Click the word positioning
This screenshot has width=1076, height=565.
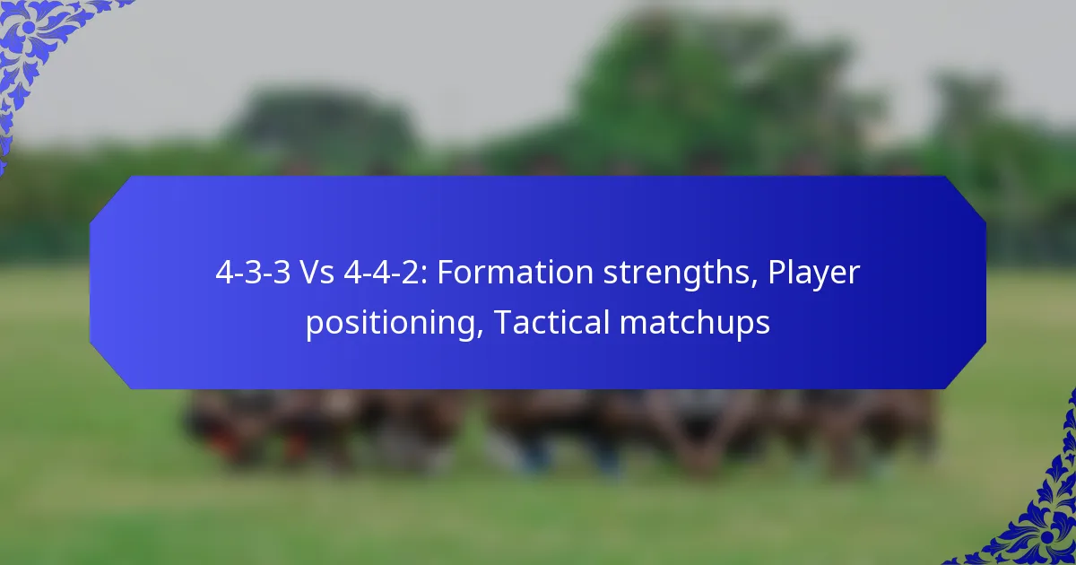pyautogui.click(x=388, y=323)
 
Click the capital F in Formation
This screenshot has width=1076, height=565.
pyautogui.click(x=445, y=274)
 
